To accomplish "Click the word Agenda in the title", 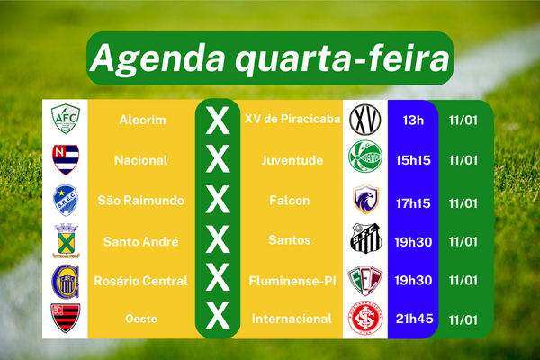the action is (x=158, y=58).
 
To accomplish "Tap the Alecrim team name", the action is (x=142, y=120).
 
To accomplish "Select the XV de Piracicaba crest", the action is (x=365, y=120).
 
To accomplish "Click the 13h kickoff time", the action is (x=413, y=121).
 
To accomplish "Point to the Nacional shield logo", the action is (x=66, y=159).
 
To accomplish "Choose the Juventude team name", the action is (x=292, y=160).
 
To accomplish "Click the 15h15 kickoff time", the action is (x=413, y=160).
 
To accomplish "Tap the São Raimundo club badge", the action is (x=66, y=201).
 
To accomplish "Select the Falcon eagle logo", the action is (x=365, y=199).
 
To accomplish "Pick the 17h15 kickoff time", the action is (x=413, y=203).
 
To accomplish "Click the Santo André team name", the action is (x=141, y=242).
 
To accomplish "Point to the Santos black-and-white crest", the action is (x=365, y=238).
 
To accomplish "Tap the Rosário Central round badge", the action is (x=66, y=282).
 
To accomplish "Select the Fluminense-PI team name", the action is (x=292, y=281).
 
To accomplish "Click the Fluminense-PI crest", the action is (x=365, y=281).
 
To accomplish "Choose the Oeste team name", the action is (x=141, y=319).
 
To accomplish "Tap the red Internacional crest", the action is (x=365, y=318).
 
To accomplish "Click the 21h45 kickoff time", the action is (x=414, y=319).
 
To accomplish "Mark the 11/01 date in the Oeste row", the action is (x=463, y=320).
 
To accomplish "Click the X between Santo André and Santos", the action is (x=217, y=239).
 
